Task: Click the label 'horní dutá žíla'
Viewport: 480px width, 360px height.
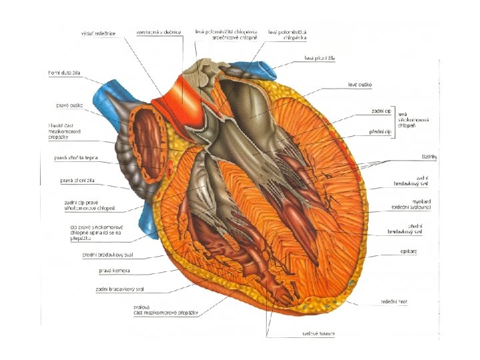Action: [64, 73]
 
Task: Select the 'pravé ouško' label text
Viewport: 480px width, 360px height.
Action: [69, 105]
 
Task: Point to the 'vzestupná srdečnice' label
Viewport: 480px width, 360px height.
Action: [158, 31]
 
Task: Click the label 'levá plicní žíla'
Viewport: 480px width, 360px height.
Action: [319, 59]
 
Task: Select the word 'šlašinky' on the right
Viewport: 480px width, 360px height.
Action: [429, 157]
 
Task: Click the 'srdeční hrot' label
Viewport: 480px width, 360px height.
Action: [394, 301]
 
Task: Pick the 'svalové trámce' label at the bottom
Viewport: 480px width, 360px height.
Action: [317, 333]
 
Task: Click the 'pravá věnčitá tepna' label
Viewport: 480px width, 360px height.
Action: [76, 158]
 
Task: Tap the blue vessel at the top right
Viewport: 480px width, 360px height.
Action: [263, 69]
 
